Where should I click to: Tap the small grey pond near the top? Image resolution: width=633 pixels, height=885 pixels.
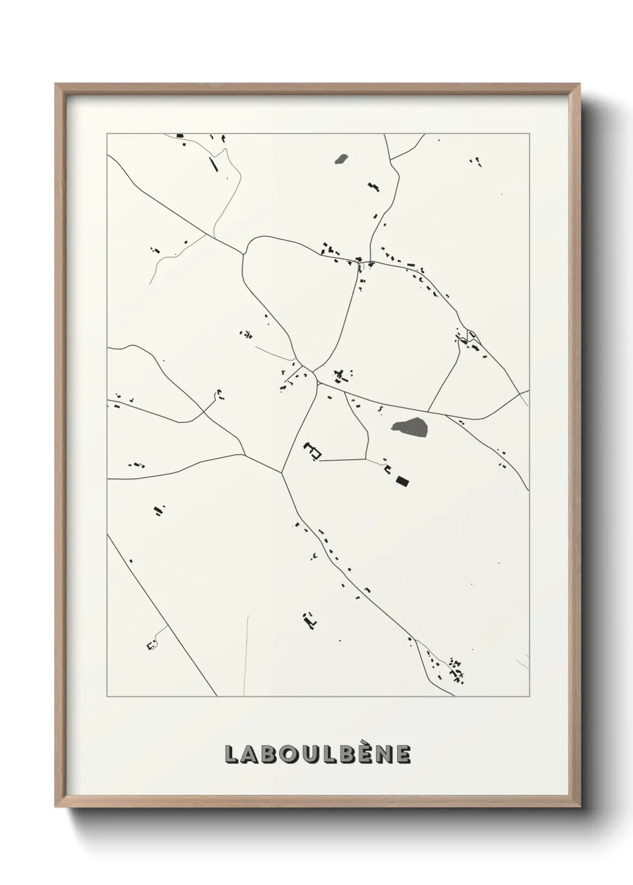click(x=341, y=159)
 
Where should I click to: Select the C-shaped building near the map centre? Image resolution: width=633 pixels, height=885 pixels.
click(x=312, y=451)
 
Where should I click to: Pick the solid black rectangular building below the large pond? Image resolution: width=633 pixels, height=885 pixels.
click(x=403, y=480)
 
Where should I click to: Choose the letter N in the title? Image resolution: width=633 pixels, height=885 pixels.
click(x=381, y=754)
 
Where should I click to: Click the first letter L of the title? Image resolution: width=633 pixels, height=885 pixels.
click(x=232, y=754)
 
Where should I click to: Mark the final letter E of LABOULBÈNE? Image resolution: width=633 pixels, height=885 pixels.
click(x=402, y=754)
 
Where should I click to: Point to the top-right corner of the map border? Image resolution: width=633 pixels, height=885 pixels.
click(x=529, y=134)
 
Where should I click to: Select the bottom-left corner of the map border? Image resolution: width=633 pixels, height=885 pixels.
click(x=107, y=697)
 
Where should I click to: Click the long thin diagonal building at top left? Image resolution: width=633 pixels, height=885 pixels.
click(x=212, y=164)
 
